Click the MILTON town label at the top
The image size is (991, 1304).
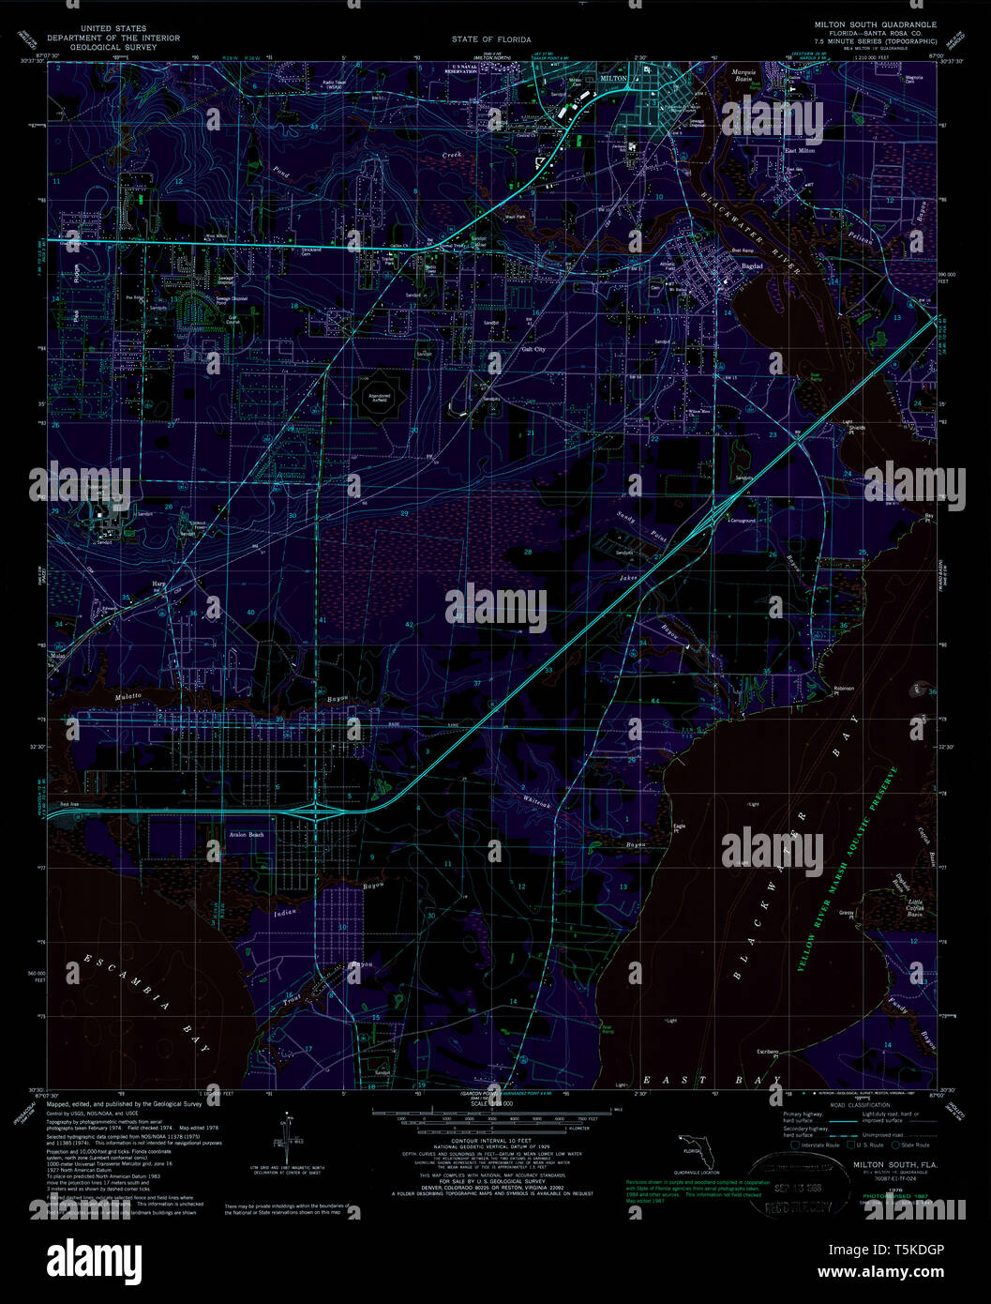[x=612, y=79]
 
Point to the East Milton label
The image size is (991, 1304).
[x=800, y=150]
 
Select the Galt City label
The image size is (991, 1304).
[x=533, y=349]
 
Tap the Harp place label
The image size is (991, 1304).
[x=158, y=584]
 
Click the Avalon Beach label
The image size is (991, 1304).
[x=247, y=834]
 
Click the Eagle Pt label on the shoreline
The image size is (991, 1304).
[x=679, y=827]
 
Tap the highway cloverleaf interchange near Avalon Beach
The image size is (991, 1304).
[x=317, y=808]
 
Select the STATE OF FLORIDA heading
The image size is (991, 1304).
[x=490, y=39]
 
